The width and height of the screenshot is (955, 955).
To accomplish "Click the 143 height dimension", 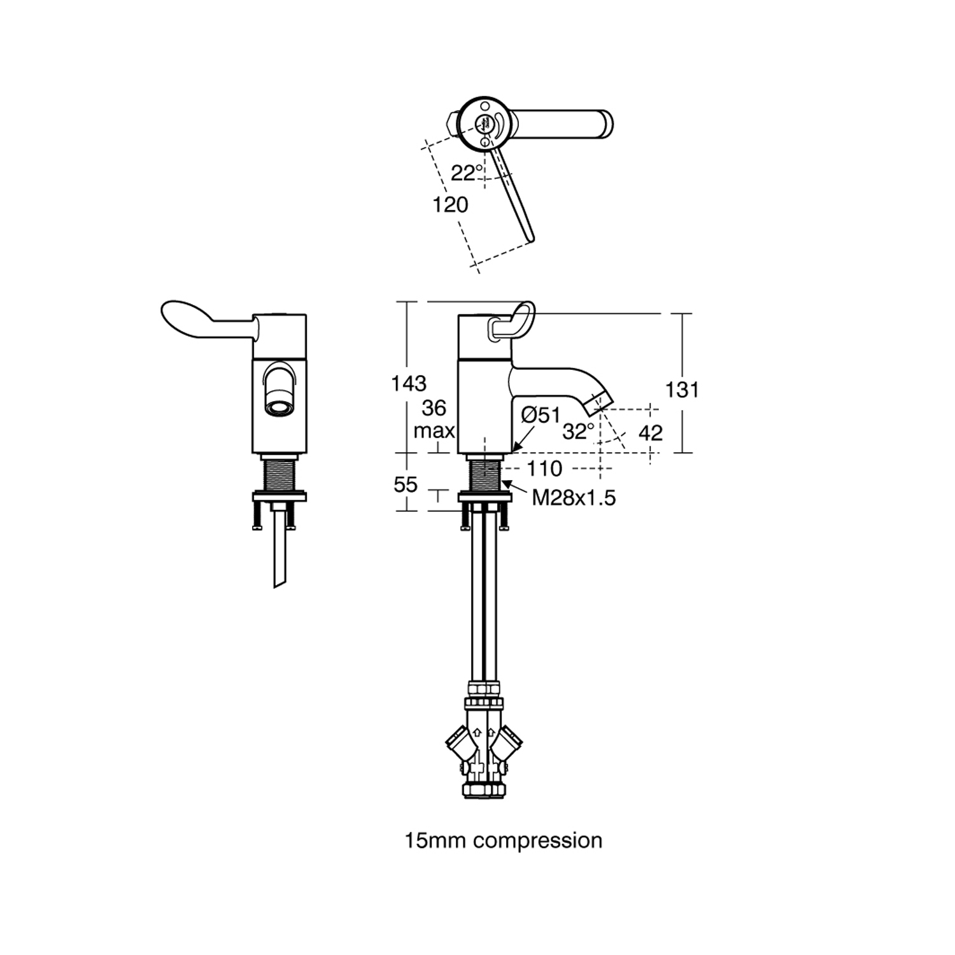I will tap(409, 383).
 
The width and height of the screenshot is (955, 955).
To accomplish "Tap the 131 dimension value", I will tap(682, 389).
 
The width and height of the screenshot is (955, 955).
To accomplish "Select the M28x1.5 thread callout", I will tap(574, 497).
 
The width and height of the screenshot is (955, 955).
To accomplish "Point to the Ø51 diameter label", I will tap(541, 415).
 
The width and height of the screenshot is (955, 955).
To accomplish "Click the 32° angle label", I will tap(578, 432).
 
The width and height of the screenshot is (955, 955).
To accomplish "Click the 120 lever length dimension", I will tap(450, 204).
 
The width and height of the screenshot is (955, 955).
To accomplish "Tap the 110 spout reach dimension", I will tap(544, 469).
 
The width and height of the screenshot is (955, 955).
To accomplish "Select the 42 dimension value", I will tap(650, 433).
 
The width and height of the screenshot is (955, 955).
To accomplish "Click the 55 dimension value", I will tap(406, 485).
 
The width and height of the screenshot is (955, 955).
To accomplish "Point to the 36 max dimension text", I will tap(434, 419).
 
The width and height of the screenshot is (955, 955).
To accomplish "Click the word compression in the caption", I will tap(538, 840).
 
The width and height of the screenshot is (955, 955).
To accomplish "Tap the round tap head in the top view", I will tap(483, 121).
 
